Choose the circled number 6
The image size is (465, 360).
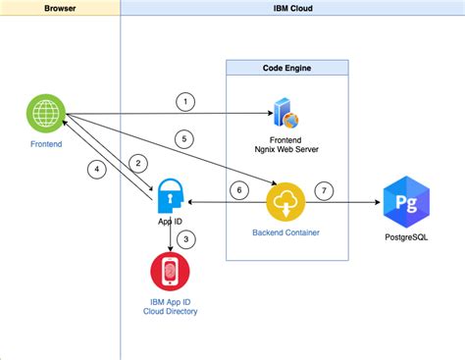[x=235, y=189]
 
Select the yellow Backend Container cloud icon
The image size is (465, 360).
[x=285, y=203]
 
